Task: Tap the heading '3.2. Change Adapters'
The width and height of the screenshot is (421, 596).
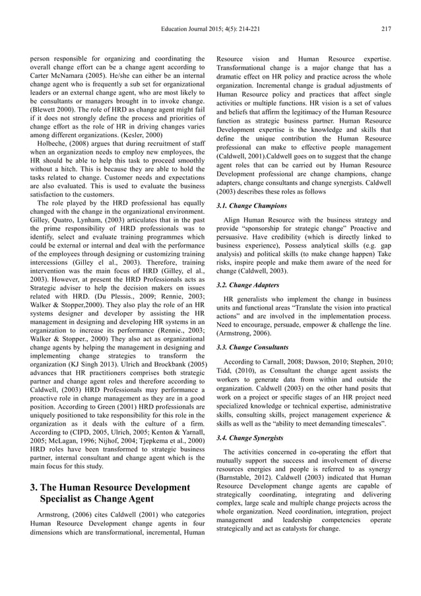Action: point(248,284)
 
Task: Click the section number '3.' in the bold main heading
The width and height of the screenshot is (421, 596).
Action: point(36,487)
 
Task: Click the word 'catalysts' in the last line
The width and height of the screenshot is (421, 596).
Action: point(294,528)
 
